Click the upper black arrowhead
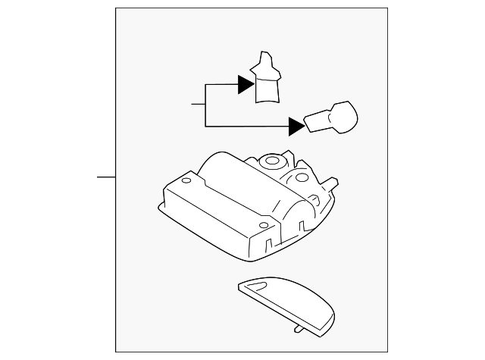(244, 85)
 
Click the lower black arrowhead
(296, 125)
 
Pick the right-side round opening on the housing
(301, 177)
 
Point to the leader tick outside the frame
(105, 177)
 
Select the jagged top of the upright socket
(264, 62)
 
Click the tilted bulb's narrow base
(316, 121)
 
